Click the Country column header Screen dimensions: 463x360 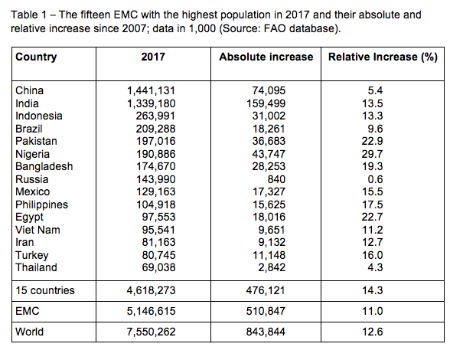point(36,57)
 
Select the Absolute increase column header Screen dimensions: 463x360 point(266,57)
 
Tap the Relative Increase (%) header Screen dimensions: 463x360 point(383,57)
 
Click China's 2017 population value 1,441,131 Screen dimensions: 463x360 point(151,90)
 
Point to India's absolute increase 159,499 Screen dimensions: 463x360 point(266,103)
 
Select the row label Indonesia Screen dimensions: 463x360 point(39,116)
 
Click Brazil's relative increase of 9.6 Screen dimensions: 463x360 point(375,129)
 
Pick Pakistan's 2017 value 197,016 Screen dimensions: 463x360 point(155,141)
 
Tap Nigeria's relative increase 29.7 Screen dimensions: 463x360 point(373,154)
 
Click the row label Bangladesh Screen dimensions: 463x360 point(44,166)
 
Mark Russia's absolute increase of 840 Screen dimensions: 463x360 point(276,179)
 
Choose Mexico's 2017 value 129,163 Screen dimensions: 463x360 point(155,191)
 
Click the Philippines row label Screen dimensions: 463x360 point(41,205)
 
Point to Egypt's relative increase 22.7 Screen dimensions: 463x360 point(373,217)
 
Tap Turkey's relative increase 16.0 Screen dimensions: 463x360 point(373,255)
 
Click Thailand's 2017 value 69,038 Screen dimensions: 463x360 point(158,267)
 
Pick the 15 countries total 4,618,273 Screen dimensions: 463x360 point(151,290)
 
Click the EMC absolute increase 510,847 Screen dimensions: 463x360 point(266,311)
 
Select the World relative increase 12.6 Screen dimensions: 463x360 point(373,332)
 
